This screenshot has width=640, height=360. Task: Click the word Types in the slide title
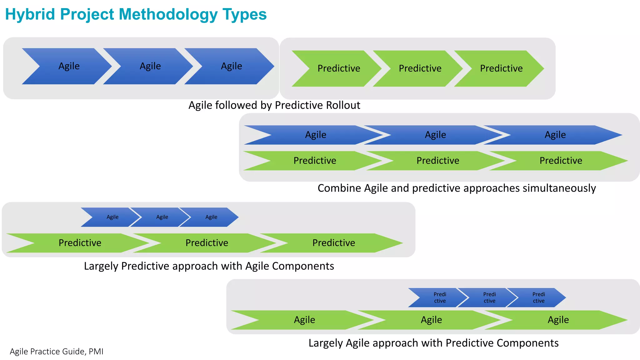[244, 14]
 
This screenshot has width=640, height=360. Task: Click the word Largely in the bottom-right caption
[325, 343]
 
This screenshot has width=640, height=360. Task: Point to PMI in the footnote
[96, 352]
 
